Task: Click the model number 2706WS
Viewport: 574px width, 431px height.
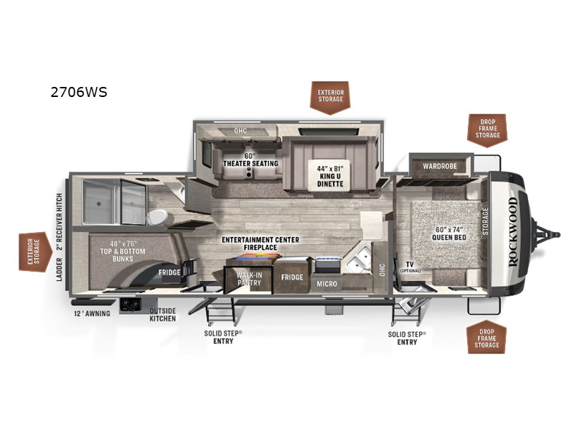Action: pos(79,92)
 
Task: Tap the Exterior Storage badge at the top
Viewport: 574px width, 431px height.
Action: pos(331,96)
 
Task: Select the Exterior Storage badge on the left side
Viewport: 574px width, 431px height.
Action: pos(32,251)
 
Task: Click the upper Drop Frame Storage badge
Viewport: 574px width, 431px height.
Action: pos(488,127)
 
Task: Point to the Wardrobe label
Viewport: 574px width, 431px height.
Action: pos(440,167)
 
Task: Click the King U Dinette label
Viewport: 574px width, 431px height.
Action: pos(330,176)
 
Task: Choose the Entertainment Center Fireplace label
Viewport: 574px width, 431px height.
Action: pos(260,244)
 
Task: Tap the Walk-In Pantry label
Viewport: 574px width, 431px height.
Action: pos(248,279)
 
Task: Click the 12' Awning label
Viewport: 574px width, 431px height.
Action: pos(91,313)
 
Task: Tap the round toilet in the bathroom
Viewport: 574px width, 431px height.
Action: pos(156,217)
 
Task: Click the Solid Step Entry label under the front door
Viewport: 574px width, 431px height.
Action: pos(407,338)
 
